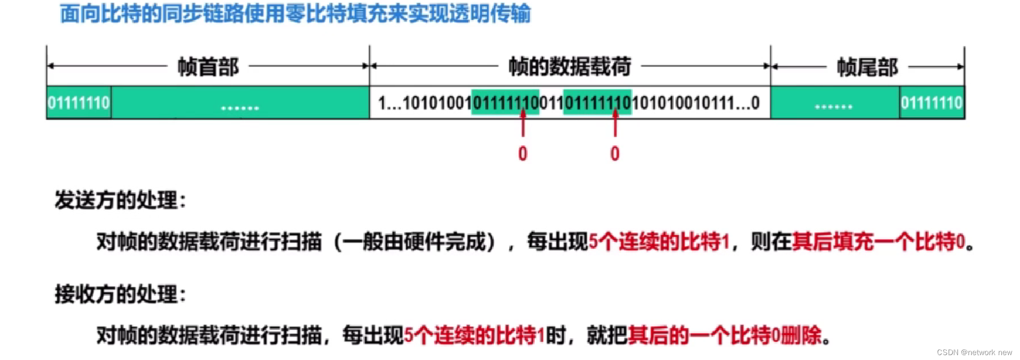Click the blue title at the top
(x=295, y=14)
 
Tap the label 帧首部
(x=208, y=67)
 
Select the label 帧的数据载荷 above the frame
(x=569, y=66)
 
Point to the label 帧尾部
(x=867, y=67)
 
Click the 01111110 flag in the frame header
(x=79, y=103)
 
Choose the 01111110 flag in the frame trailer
(x=931, y=103)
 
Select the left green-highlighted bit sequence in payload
(x=505, y=103)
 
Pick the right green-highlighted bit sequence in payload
(x=597, y=103)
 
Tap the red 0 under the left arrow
(x=523, y=154)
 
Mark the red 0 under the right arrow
(x=615, y=154)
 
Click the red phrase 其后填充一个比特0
(x=878, y=242)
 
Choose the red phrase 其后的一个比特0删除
(x=725, y=336)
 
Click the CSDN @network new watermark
(x=974, y=352)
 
